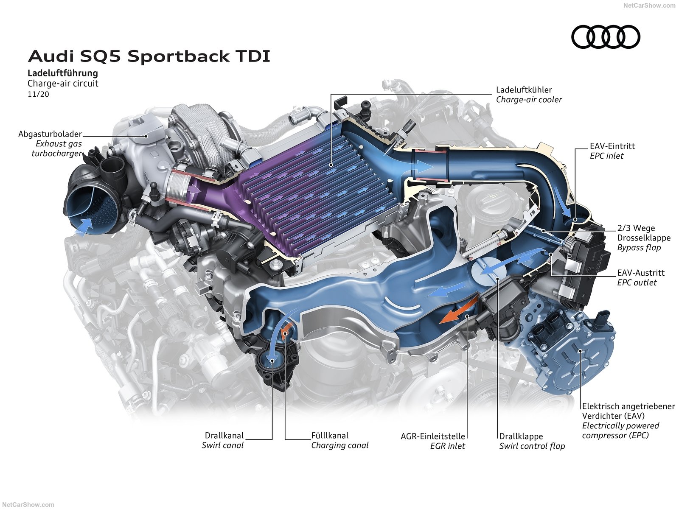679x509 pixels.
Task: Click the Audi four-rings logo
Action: coord(606,37)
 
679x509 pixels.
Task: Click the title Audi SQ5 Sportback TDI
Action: coord(149,56)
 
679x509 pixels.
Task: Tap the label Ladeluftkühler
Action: coord(524,90)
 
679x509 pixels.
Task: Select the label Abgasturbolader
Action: coord(50,134)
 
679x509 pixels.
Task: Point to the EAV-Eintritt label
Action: coord(612,146)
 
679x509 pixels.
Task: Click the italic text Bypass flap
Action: coord(639,248)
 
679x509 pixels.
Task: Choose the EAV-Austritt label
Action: coord(640,273)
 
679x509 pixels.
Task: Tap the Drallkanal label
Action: coord(224,435)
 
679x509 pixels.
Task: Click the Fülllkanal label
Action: coord(330,435)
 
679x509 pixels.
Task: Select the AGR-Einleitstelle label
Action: coord(432,436)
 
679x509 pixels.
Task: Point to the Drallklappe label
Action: coord(521,436)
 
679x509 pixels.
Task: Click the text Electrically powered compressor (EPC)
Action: coord(620,430)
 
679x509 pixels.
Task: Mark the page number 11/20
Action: coord(38,94)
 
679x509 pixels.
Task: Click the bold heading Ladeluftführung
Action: coord(63,73)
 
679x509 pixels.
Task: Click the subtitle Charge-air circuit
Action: coord(63,84)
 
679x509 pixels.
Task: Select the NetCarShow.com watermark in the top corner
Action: coord(649,6)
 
